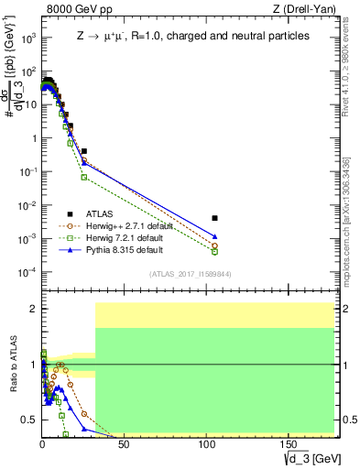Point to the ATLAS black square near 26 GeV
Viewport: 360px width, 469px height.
[84, 151]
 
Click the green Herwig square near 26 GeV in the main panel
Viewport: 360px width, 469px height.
[84, 177]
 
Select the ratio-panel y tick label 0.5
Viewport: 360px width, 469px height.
[27, 420]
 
